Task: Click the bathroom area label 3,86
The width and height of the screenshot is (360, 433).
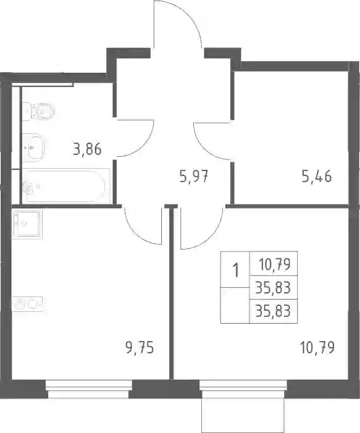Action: pyautogui.click(x=87, y=149)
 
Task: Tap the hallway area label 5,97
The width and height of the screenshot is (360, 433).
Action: pyautogui.click(x=193, y=176)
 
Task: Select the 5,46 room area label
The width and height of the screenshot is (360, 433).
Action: pyautogui.click(x=317, y=176)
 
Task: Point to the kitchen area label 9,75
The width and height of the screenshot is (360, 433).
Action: pyautogui.click(x=140, y=347)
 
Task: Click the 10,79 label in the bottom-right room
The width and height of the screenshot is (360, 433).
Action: pyautogui.click(x=317, y=347)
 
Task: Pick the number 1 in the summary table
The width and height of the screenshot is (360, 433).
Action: pyautogui.click(x=235, y=270)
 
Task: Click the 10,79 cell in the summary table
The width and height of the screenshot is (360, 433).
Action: pyautogui.click(x=275, y=264)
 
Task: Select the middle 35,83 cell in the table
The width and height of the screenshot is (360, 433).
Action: pyautogui.click(x=273, y=288)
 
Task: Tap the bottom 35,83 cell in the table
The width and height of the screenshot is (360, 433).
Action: pyautogui.click(x=273, y=311)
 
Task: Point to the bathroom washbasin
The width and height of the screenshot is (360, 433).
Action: pyautogui.click(x=33, y=148)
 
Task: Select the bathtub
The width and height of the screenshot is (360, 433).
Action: pyautogui.click(x=65, y=186)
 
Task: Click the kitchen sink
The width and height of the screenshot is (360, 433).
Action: pyautogui.click(x=27, y=224)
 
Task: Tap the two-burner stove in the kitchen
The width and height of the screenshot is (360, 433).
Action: pyautogui.click(x=27, y=304)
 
